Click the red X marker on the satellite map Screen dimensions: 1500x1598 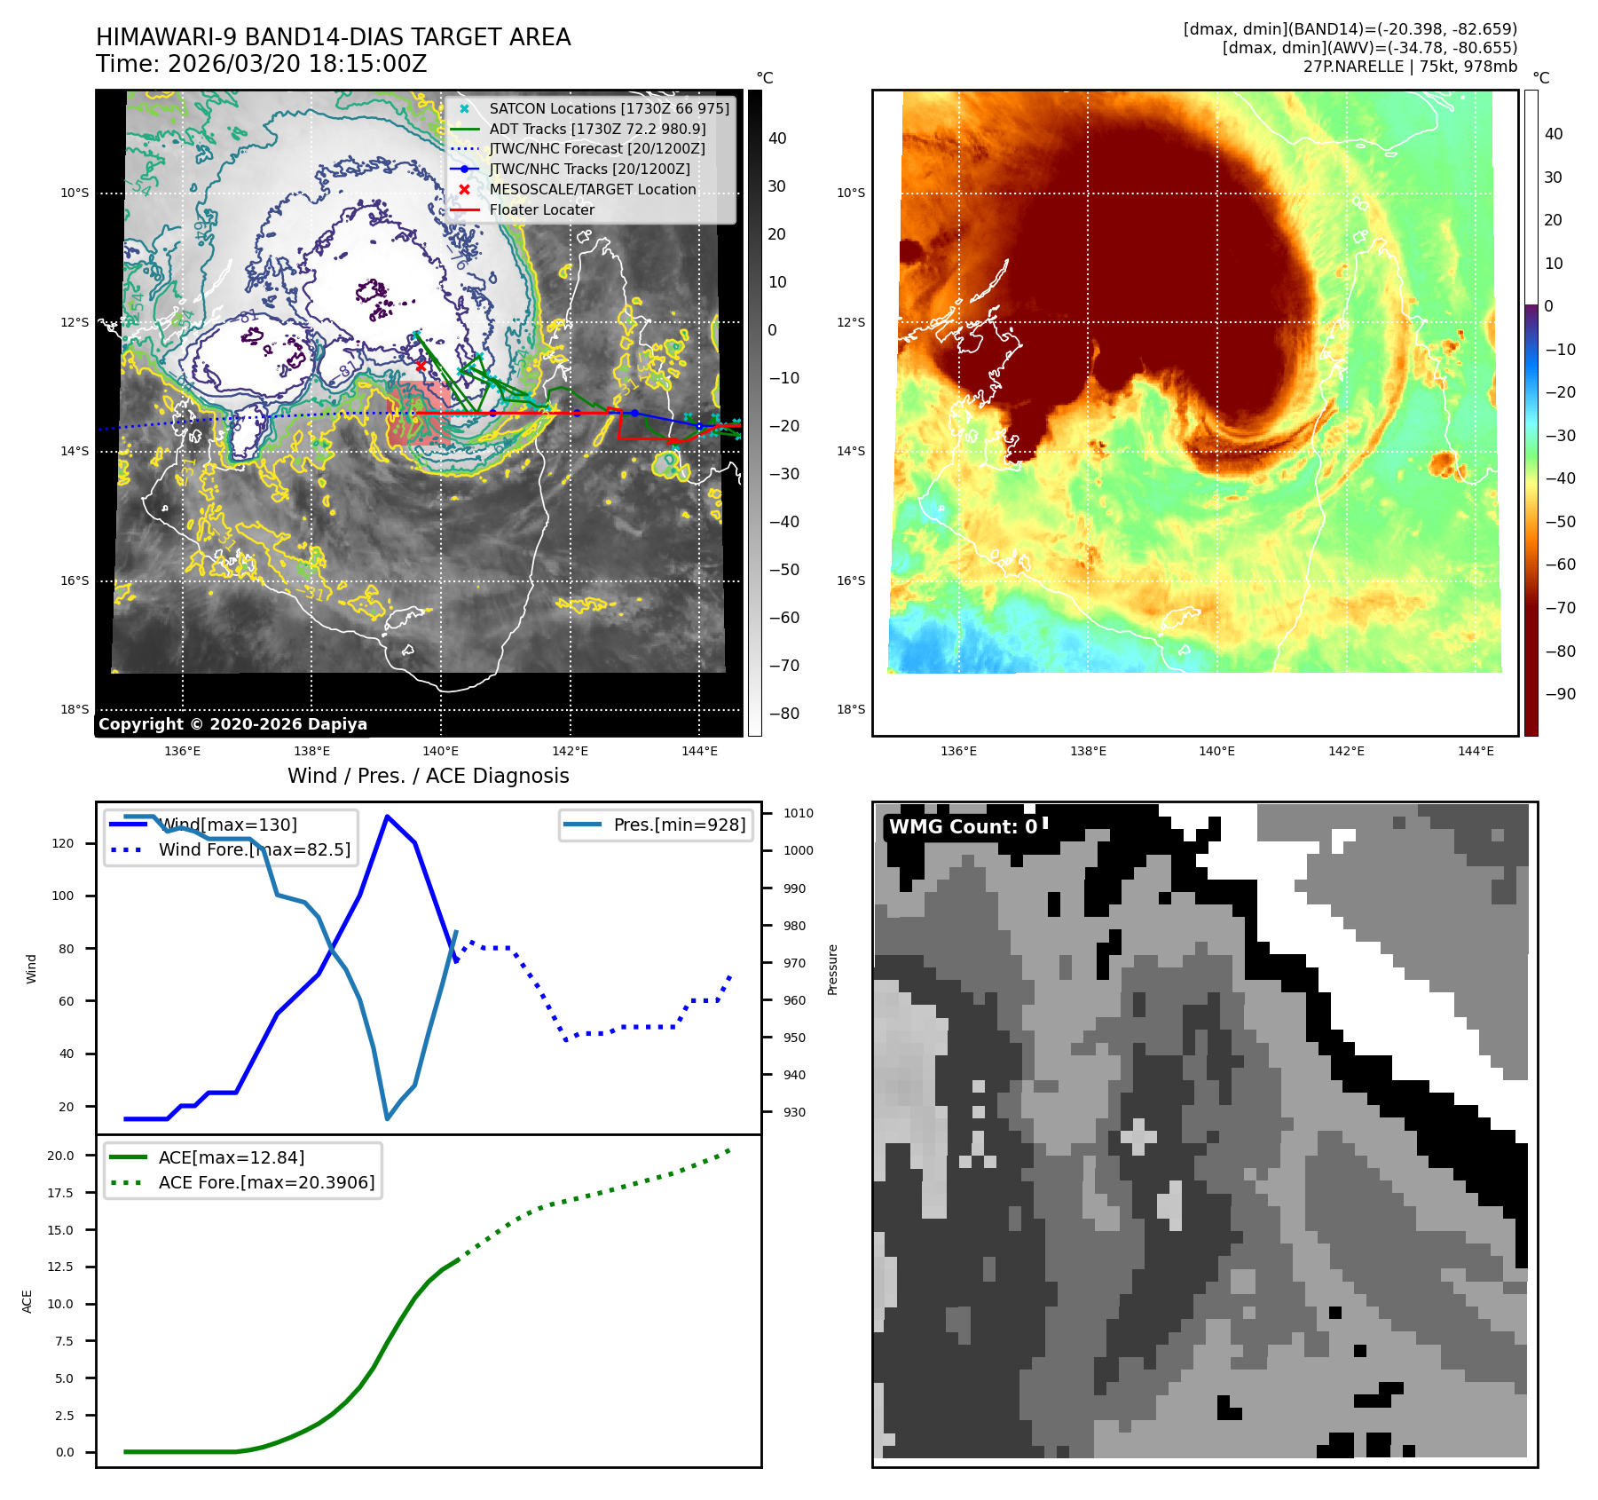[421, 366]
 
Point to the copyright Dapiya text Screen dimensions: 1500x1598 [232, 724]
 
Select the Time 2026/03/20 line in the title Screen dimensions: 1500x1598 [262, 65]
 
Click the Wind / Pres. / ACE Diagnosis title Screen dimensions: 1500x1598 [428, 777]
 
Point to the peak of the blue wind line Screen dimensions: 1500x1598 [387, 816]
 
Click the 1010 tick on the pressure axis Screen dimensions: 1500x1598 [799, 813]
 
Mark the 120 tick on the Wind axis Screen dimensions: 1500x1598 [63, 843]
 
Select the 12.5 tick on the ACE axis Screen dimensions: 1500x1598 [60, 1267]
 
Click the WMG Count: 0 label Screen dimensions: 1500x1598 [963, 827]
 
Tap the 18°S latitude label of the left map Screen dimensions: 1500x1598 [75, 710]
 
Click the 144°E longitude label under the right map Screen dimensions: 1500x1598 [1476, 752]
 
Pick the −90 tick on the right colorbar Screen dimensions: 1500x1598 [1560, 694]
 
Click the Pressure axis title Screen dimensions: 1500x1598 [833, 969]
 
